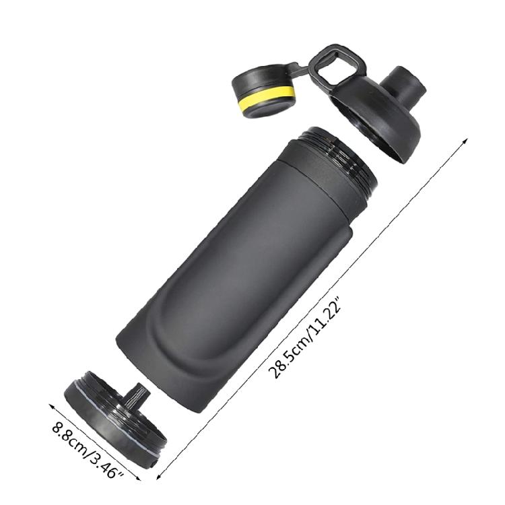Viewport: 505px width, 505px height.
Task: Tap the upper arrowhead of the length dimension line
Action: (464, 141)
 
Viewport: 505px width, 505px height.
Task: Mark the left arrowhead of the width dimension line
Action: (52, 407)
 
